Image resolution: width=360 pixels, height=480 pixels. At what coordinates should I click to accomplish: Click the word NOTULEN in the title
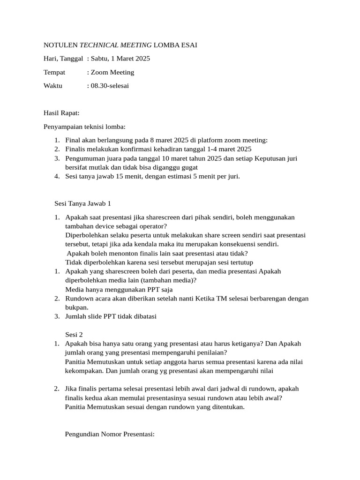60,45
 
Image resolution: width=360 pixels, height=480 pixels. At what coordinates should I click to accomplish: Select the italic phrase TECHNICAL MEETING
116,45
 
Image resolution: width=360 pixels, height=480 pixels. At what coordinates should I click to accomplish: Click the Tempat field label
54,72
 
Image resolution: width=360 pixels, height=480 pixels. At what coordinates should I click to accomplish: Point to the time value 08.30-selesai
110,86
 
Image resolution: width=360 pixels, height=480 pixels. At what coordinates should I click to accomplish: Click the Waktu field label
53,86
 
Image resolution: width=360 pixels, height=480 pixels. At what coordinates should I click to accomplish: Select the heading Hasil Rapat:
61,113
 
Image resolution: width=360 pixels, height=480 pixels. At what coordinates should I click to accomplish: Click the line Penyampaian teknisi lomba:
84,127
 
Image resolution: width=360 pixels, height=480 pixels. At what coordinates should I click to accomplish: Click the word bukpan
76,307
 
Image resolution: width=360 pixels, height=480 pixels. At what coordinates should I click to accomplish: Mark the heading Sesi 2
74,334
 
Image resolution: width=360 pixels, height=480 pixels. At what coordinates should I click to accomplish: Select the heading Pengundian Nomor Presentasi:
110,434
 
